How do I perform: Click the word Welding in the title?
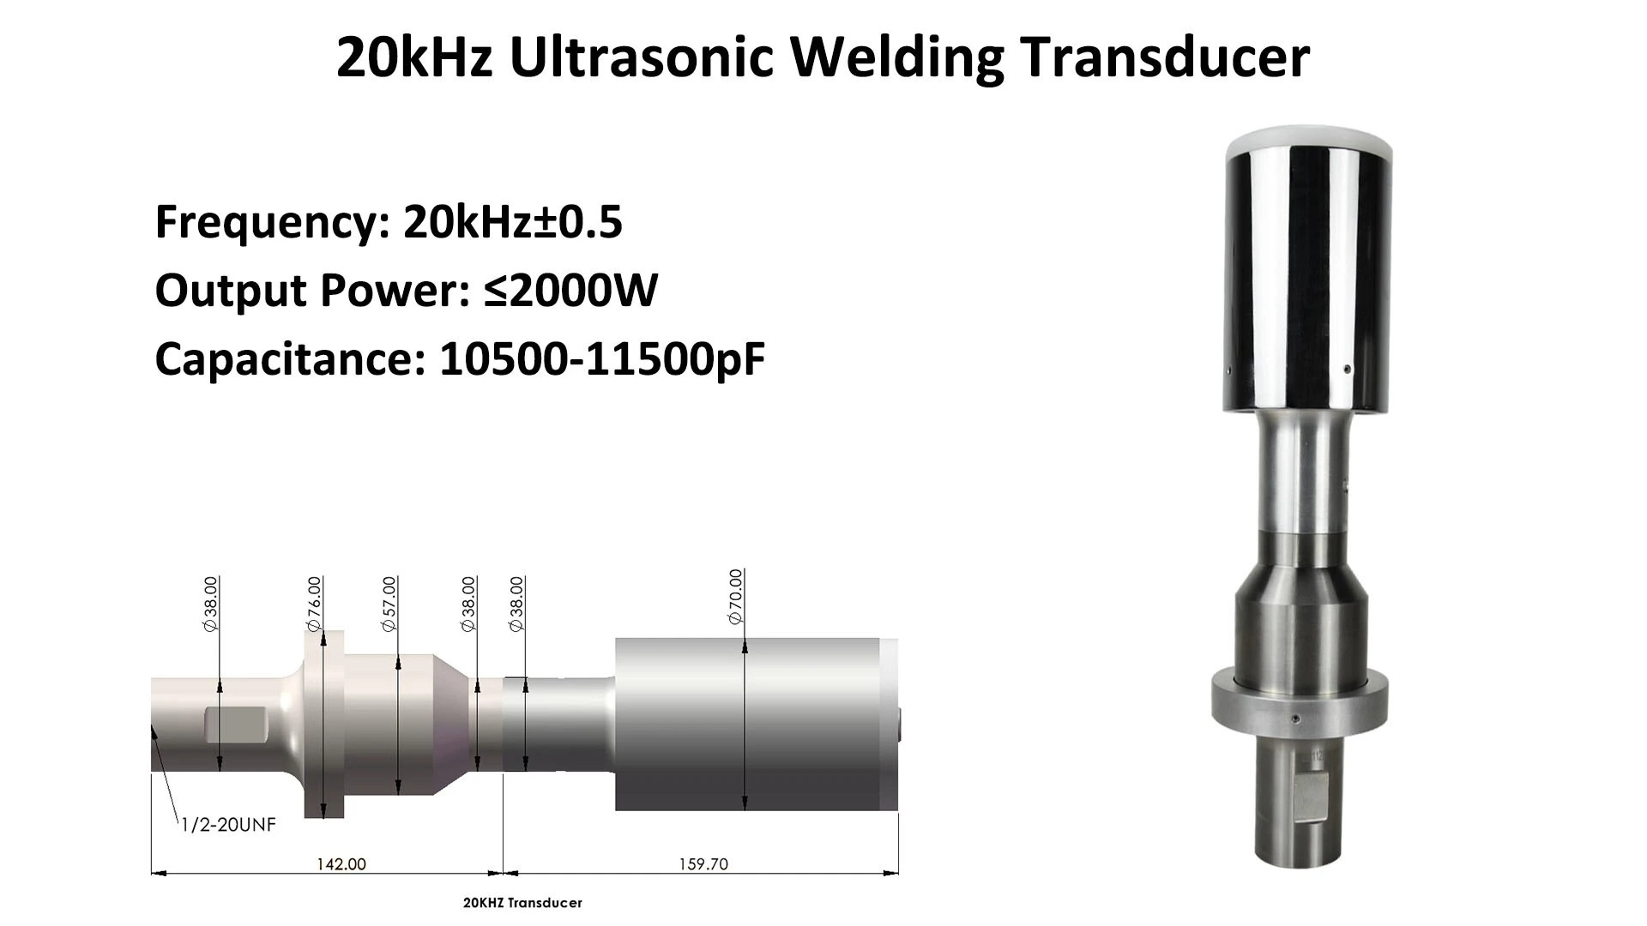click(x=896, y=58)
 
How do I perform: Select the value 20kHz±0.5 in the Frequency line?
click(x=512, y=221)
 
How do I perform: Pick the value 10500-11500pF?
click(x=601, y=358)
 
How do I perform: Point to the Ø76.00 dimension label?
click(x=315, y=604)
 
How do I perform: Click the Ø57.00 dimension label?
click(x=389, y=604)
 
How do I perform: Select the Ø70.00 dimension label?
click(x=736, y=597)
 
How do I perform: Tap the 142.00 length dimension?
click(x=341, y=863)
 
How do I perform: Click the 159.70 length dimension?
click(x=703, y=863)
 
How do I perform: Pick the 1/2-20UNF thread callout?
click(x=229, y=825)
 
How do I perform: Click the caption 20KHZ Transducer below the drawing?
click(x=522, y=903)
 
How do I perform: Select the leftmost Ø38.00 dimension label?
click(x=211, y=604)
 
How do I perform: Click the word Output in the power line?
click(x=231, y=290)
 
